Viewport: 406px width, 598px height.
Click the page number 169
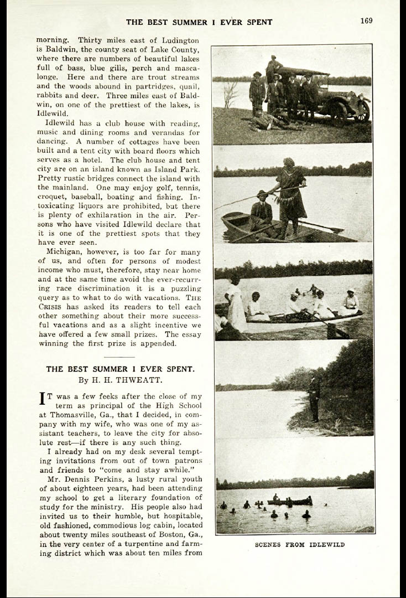[366, 21]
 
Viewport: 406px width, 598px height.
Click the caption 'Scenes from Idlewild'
[299, 545]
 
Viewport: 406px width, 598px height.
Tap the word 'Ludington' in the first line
[180, 40]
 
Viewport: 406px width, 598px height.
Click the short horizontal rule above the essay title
[120, 357]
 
